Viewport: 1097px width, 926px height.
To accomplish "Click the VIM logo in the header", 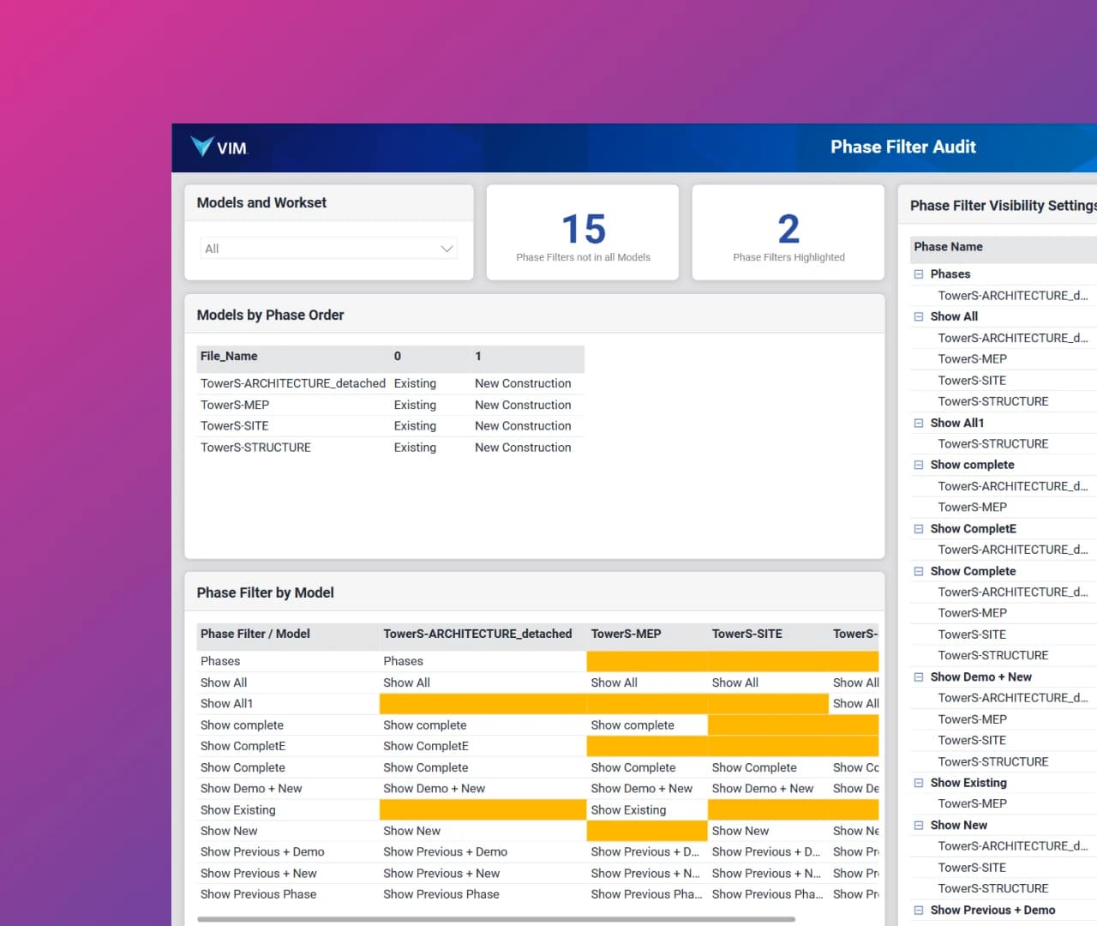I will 219,147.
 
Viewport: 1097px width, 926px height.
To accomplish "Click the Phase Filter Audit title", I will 902,147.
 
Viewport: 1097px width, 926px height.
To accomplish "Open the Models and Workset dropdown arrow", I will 447,249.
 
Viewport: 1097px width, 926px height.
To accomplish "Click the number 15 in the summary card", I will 583,229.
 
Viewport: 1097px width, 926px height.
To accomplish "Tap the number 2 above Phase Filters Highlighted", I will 788,229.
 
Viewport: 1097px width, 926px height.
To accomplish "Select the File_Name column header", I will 229,357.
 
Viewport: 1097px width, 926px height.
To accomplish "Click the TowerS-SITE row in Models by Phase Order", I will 235,426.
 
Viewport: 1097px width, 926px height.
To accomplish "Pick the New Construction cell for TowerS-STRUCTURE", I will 523,448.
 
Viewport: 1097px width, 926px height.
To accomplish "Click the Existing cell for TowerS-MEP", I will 415,405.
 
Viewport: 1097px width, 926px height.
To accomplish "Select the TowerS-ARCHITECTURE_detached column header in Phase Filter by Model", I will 477,634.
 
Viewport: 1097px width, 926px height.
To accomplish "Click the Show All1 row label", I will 226,704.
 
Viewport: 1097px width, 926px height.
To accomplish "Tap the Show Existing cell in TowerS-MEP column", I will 628,810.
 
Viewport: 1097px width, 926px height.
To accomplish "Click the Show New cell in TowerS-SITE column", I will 740,831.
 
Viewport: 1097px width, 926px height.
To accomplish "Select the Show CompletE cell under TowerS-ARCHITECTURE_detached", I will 426,746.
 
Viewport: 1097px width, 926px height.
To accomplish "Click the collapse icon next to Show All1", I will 919,424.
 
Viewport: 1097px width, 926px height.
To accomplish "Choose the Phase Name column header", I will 948,247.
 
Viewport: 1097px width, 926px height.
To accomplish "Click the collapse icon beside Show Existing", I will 919,783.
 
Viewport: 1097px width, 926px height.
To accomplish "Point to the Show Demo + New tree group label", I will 980,677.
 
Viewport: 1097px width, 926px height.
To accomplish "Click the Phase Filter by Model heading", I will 266,593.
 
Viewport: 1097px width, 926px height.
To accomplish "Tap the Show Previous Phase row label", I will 258,894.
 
